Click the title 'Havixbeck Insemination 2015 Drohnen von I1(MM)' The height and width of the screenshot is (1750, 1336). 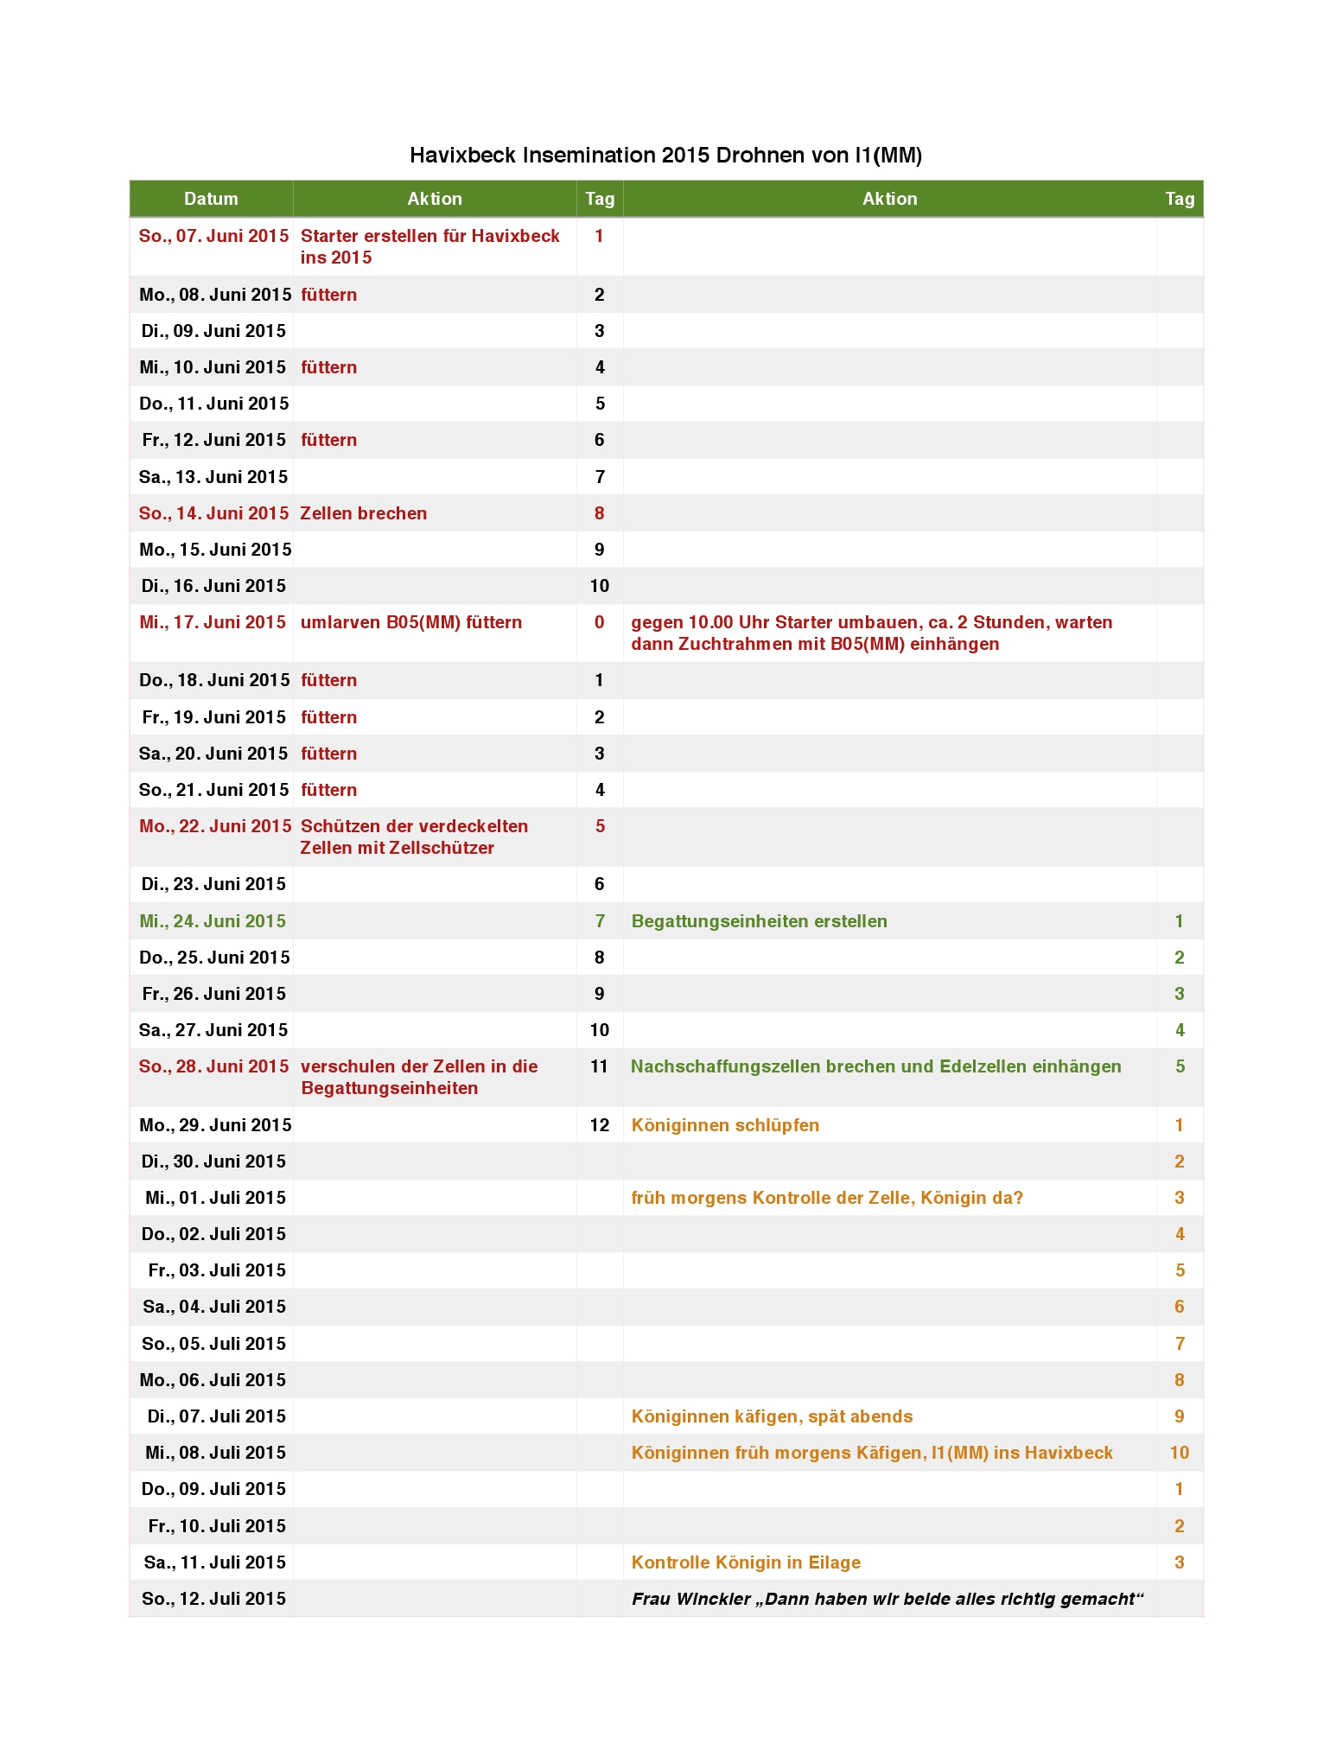pyautogui.click(x=665, y=156)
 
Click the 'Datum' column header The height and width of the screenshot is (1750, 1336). pyautogui.click(x=211, y=199)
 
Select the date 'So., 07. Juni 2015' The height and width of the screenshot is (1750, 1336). pyautogui.click(x=213, y=236)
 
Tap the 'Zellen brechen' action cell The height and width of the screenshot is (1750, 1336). pyautogui.click(x=363, y=513)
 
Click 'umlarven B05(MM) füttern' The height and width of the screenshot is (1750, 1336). pyautogui.click(x=410, y=622)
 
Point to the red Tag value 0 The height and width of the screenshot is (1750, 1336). pyautogui.click(x=599, y=622)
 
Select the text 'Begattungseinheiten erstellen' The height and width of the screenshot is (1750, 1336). pyautogui.click(x=759, y=921)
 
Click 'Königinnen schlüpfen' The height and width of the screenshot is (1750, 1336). pyautogui.click(x=725, y=1125)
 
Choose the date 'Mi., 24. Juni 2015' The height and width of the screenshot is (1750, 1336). pyautogui.click(x=213, y=921)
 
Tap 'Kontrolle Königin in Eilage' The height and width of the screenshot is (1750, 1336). pyautogui.click(x=746, y=1562)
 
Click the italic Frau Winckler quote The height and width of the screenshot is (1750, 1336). pyautogui.click(x=887, y=1599)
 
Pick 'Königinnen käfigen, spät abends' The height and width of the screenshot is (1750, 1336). pyautogui.click(x=772, y=1416)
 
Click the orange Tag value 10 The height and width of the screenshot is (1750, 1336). pyautogui.click(x=1179, y=1453)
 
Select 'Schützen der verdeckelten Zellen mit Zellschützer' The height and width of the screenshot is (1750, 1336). pyautogui.click(x=414, y=837)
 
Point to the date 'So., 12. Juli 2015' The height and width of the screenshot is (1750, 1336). pyautogui.click(x=213, y=1599)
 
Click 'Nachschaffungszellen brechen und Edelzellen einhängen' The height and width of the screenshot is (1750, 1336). pyautogui.click(x=875, y=1066)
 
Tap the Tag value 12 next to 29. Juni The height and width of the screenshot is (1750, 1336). pyautogui.click(x=599, y=1125)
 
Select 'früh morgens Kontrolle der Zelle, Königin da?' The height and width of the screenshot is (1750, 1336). pyautogui.click(x=827, y=1198)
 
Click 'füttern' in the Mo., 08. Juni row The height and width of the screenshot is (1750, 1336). pyautogui.click(x=328, y=295)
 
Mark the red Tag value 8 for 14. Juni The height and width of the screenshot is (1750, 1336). pyautogui.click(x=599, y=513)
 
